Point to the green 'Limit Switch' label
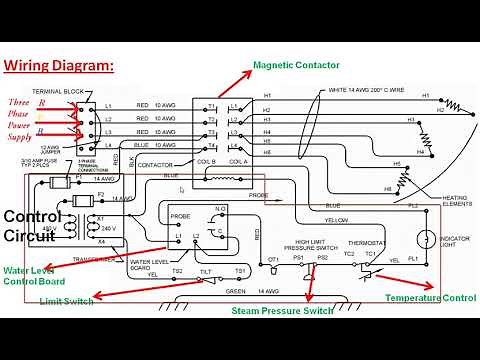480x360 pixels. click(x=67, y=300)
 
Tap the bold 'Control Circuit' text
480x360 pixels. click(x=32, y=226)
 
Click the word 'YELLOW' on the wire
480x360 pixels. click(x=336, y=219)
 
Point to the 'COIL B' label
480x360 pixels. click(x=206, y=161)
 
